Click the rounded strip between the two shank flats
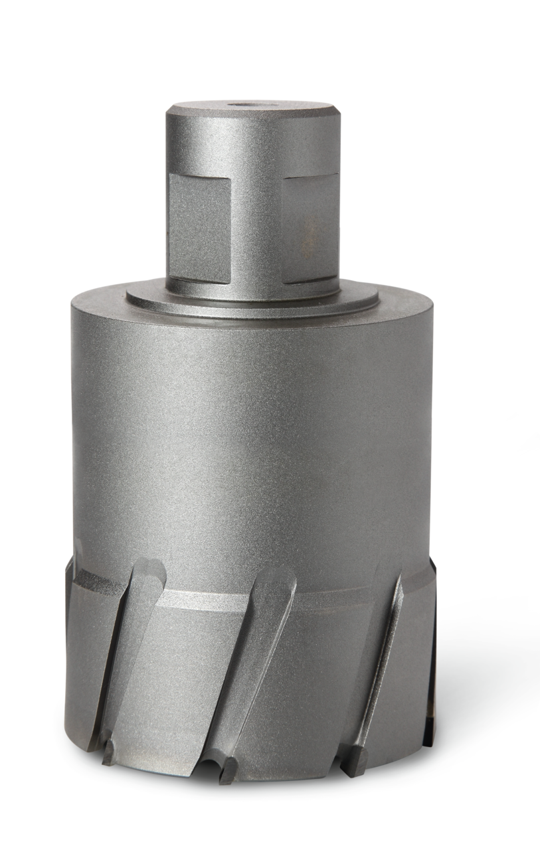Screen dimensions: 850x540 point(255,219)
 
